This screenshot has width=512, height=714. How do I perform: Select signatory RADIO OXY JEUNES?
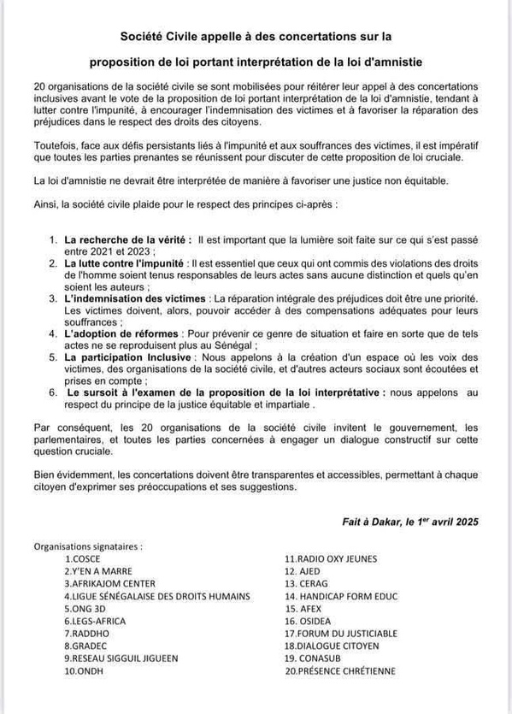[331, 558]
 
